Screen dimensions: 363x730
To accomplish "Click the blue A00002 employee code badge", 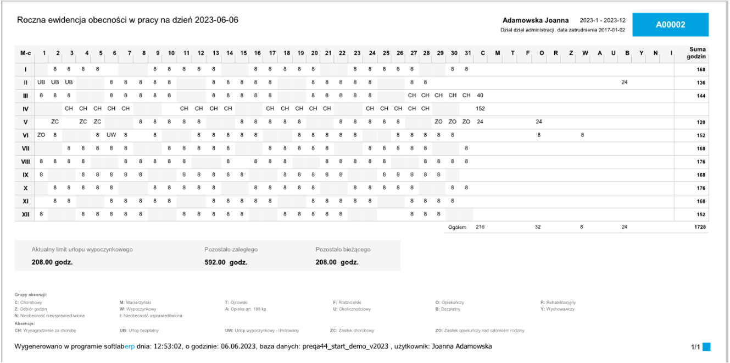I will point(671,25).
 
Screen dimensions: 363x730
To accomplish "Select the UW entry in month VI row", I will point(112,135).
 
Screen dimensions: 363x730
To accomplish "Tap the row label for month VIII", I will point(25,161).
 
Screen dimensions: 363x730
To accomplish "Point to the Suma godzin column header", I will point(698,53).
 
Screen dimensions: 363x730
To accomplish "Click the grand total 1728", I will point(699,227).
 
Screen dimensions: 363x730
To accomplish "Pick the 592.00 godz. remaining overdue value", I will point(226,262).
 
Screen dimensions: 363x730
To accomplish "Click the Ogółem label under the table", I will point(457,227).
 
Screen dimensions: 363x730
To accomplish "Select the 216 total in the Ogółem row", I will point(480,227).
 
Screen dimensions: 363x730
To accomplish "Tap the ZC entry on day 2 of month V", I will point(55,122).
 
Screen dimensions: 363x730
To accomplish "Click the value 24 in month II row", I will point(625,82).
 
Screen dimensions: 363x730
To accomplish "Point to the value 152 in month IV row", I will point(480,108).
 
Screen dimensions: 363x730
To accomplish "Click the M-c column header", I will point(25,53).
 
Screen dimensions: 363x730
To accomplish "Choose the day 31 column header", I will point(467,53).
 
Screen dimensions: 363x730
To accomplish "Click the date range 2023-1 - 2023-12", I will point(603,20).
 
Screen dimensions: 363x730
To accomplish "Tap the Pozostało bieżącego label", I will point(343,250).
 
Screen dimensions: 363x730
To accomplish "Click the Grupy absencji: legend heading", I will point(31,295).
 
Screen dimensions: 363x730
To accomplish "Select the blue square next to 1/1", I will point(707,347).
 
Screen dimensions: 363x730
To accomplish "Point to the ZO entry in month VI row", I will point(41,135).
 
